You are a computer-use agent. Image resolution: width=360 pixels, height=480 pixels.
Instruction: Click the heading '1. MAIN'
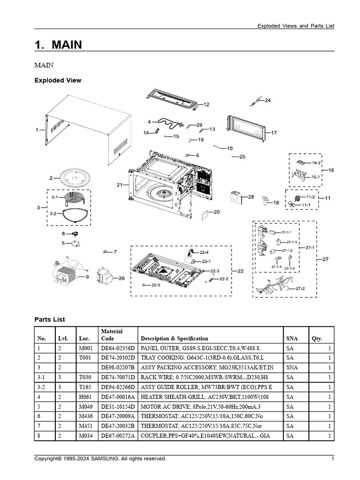(x=58, y=45)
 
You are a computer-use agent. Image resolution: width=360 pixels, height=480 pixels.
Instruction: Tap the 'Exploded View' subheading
(x=58, y=80)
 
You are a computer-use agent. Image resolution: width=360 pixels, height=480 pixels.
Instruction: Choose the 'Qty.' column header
(x=317, y=338)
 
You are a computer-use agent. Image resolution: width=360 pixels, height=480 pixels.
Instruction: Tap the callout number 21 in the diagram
(x=120, y=185)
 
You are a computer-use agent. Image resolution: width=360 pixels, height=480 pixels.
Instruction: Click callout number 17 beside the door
(x=274, y=133)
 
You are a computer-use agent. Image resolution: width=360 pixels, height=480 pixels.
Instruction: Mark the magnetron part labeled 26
(x=104, y=277)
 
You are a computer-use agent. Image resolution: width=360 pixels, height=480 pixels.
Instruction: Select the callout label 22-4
(x=204, y=252)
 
